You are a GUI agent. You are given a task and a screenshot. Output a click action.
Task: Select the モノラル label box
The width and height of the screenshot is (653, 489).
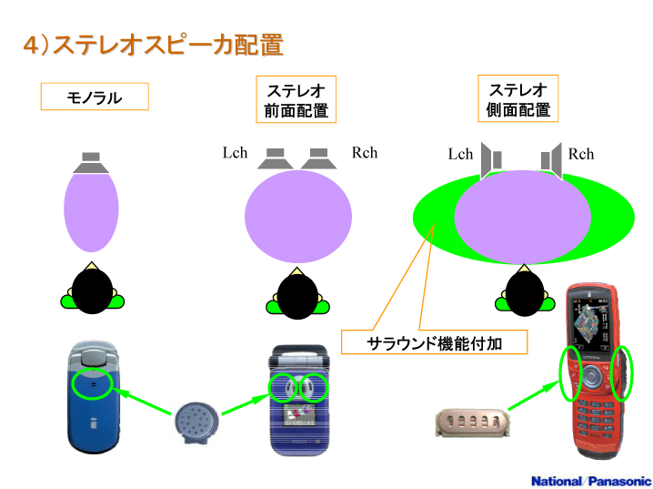[95, 97]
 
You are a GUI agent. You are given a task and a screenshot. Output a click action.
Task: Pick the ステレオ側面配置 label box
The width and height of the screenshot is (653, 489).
[517, 100]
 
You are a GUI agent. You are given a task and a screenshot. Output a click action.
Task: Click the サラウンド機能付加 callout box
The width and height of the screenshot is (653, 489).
[434, 342]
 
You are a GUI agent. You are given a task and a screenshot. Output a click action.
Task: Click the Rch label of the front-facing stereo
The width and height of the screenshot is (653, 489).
[365, 152]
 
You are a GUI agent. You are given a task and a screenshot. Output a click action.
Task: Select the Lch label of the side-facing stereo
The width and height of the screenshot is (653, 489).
[460, 154]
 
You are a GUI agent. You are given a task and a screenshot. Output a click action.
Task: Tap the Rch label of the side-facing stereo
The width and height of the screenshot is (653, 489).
[581, 154]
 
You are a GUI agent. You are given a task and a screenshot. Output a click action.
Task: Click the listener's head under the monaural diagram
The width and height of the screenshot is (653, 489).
[91, 291]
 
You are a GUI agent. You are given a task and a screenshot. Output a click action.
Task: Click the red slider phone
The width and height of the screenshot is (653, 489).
[595, 373]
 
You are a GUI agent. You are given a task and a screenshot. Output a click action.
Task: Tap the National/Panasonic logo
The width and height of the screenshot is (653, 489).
[590, 480]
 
